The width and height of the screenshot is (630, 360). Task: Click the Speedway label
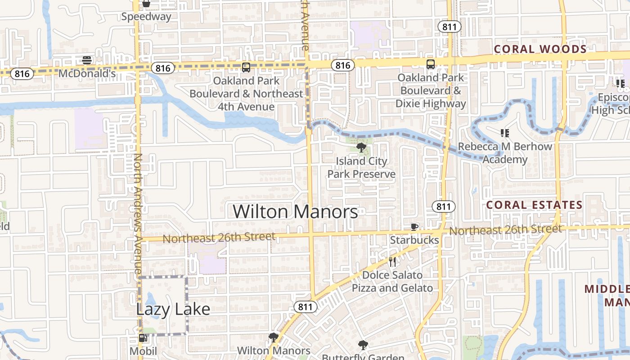pos(147,17)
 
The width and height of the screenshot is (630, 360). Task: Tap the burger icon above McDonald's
pos(87,60)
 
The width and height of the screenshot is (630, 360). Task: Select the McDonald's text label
pos(87,73)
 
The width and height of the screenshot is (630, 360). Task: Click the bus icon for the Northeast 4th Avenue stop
pos(246,67)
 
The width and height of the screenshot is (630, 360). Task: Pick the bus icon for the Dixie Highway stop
pos(431,64)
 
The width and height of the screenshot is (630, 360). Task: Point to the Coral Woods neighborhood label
pos(540,49)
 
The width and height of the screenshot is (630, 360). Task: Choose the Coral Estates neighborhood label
pos(535,205)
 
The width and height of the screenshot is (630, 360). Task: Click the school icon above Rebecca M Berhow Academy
pos(504,133)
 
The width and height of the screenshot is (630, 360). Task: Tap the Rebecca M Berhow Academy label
pos(505,153)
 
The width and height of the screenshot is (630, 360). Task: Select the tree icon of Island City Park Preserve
pos(360,147)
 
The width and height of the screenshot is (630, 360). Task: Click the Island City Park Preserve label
pos(361,167)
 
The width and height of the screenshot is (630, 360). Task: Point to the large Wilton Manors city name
pos(296,211)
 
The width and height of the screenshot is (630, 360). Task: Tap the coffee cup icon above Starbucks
pos(414,227)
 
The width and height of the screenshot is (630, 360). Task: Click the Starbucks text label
pos(414,240)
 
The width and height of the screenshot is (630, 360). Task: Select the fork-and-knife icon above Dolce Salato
pos(392,261)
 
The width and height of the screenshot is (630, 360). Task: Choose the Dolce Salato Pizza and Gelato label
pos(392,281)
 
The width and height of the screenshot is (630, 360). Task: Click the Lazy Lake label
pos(173,309)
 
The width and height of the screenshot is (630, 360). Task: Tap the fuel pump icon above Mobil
pos(143,338)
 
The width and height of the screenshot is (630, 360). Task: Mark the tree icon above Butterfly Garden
pos(363,345)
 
